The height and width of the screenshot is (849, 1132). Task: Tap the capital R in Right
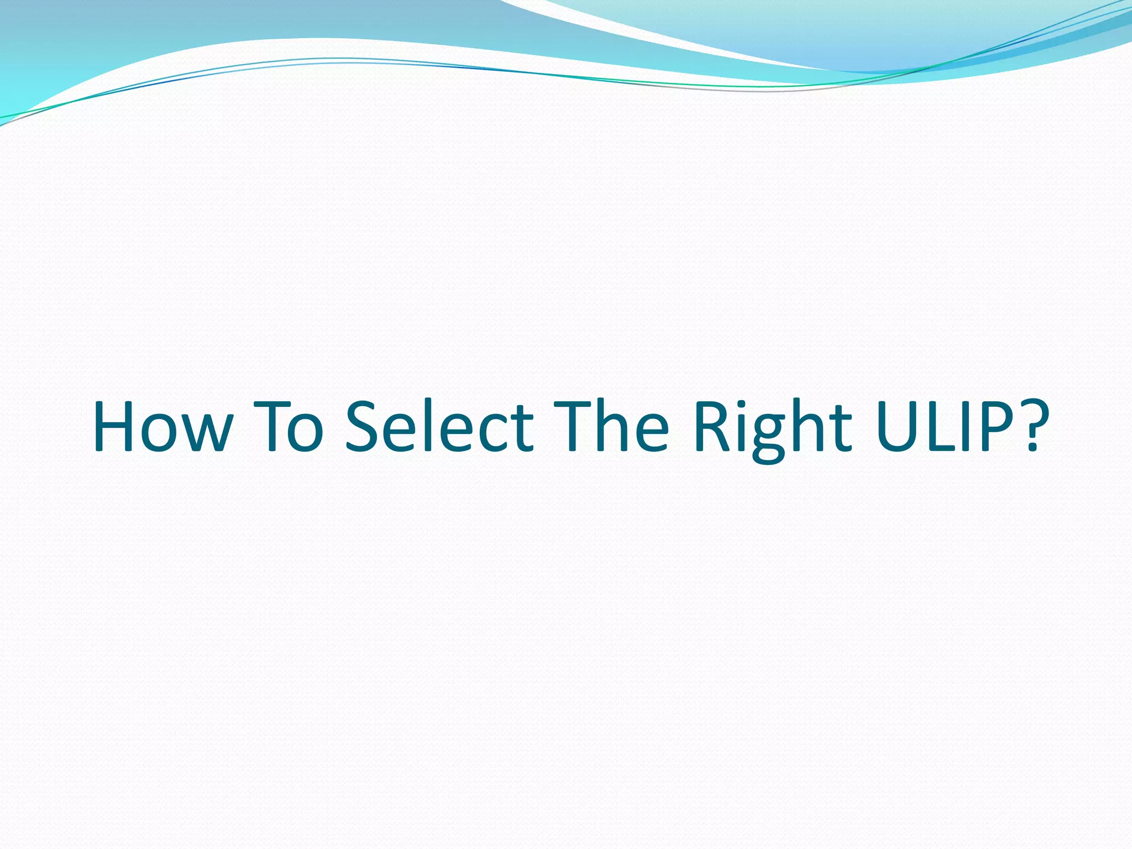713,426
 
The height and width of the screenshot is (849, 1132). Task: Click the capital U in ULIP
898,426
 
